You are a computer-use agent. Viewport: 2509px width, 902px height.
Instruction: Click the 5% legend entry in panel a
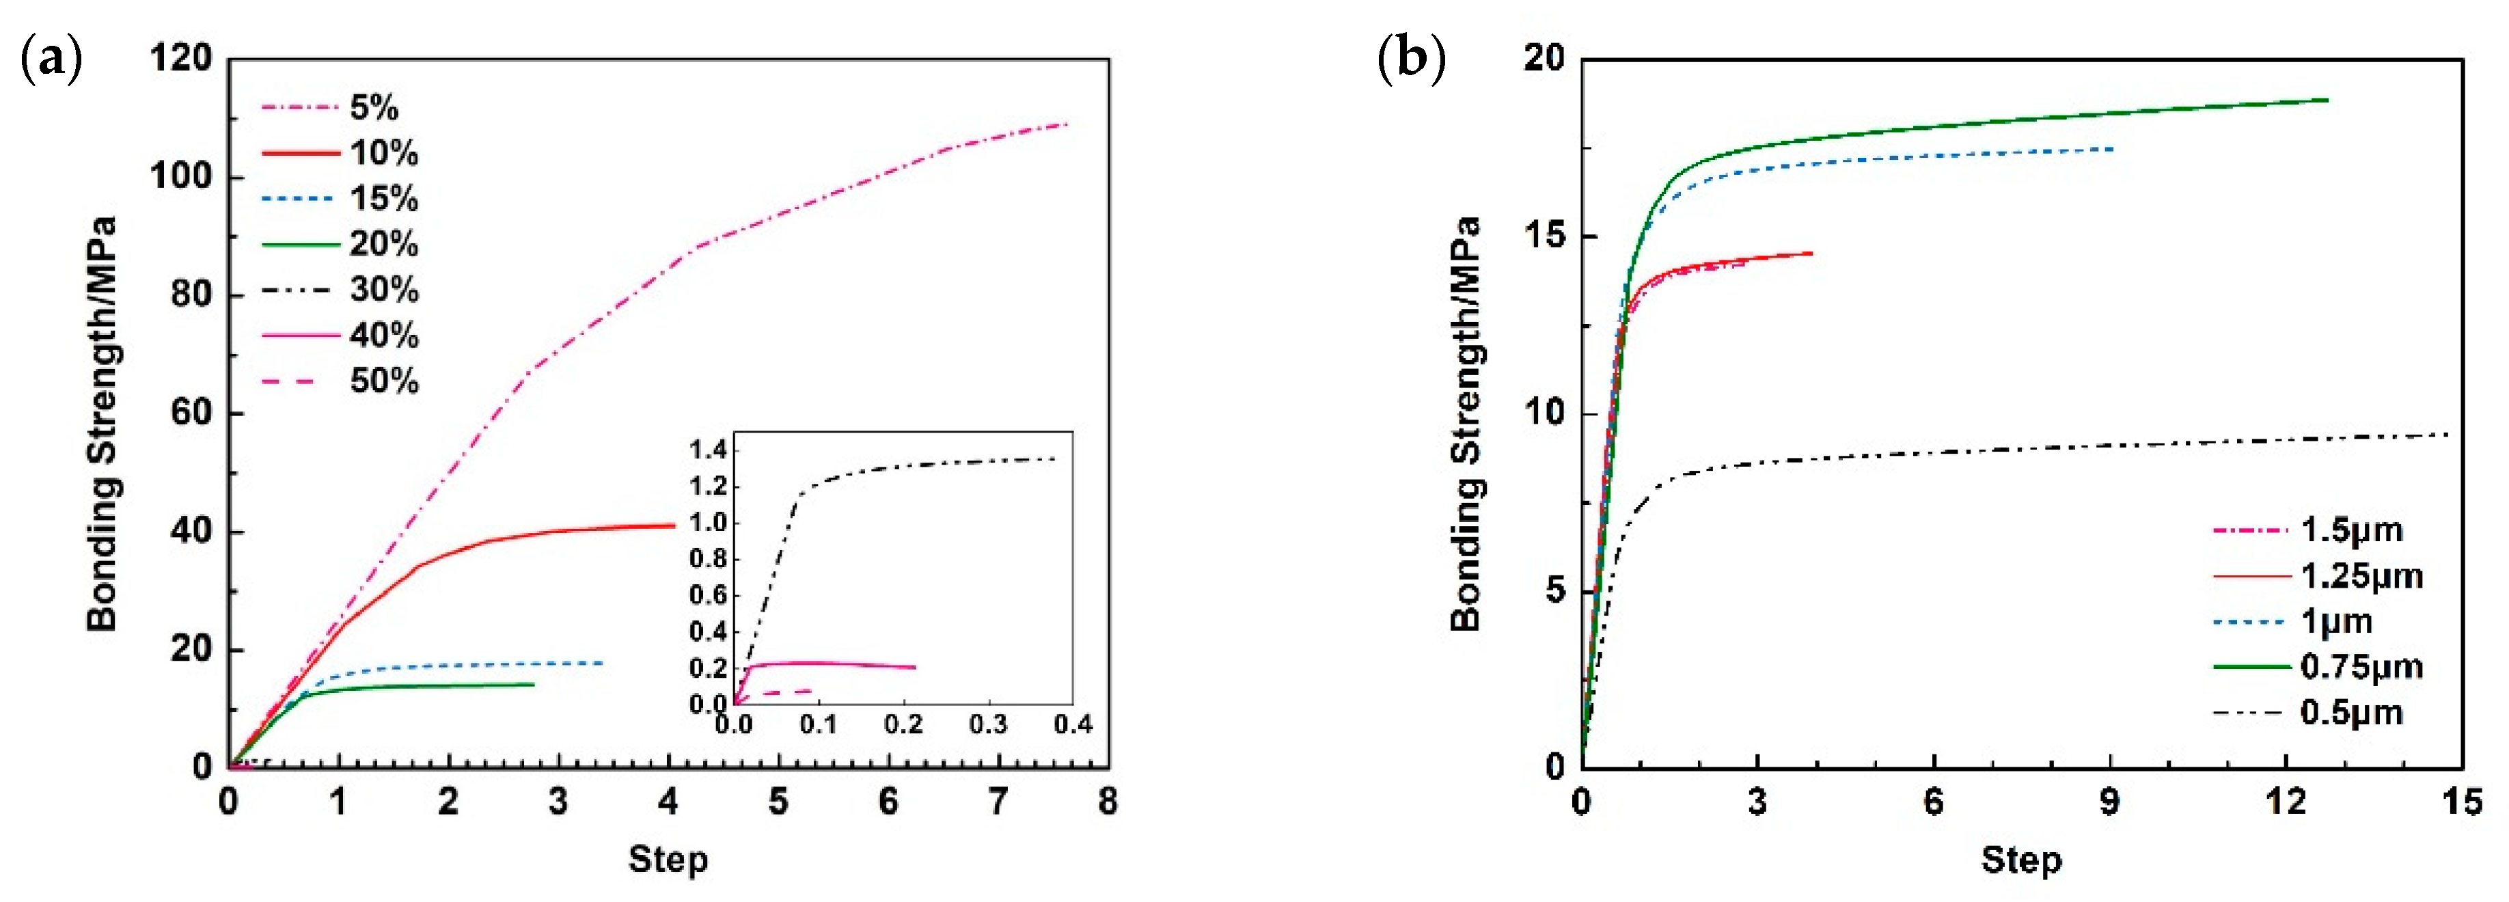tap(374, 108)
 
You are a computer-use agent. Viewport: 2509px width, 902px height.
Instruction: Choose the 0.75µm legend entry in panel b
tap(2361, 667)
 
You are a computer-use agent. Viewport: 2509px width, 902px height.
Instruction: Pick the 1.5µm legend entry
tap(2351, 531)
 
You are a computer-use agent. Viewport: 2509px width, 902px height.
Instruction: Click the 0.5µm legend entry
tap(2351, 713)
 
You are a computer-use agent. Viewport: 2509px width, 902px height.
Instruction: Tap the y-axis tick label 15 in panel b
tap(1547, 236)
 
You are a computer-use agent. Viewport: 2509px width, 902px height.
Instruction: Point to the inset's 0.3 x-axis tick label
tap(987, 725)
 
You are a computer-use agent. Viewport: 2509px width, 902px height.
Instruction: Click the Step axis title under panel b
tap(2021, 860)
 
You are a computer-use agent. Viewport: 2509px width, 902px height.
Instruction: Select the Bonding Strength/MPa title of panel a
tap(102, 424)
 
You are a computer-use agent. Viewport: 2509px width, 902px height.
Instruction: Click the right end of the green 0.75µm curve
tap(2327, 100)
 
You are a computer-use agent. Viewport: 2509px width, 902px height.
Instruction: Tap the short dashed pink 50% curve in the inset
tap(789, 692)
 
